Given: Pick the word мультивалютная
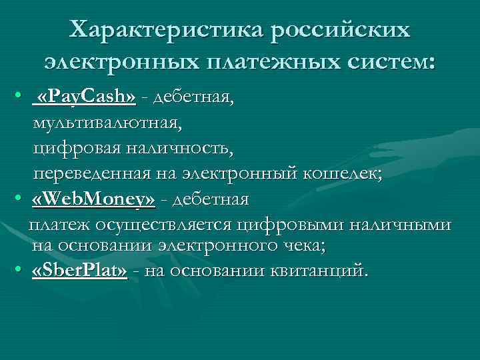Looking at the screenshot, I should tap(107, 123).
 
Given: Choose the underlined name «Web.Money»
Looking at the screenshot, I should tap(93, 199).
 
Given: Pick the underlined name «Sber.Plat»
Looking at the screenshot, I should tap(79, 272).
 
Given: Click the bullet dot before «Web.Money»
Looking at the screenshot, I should tap(20, 200).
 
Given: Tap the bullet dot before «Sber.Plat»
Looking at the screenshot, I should tap(20, 273).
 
